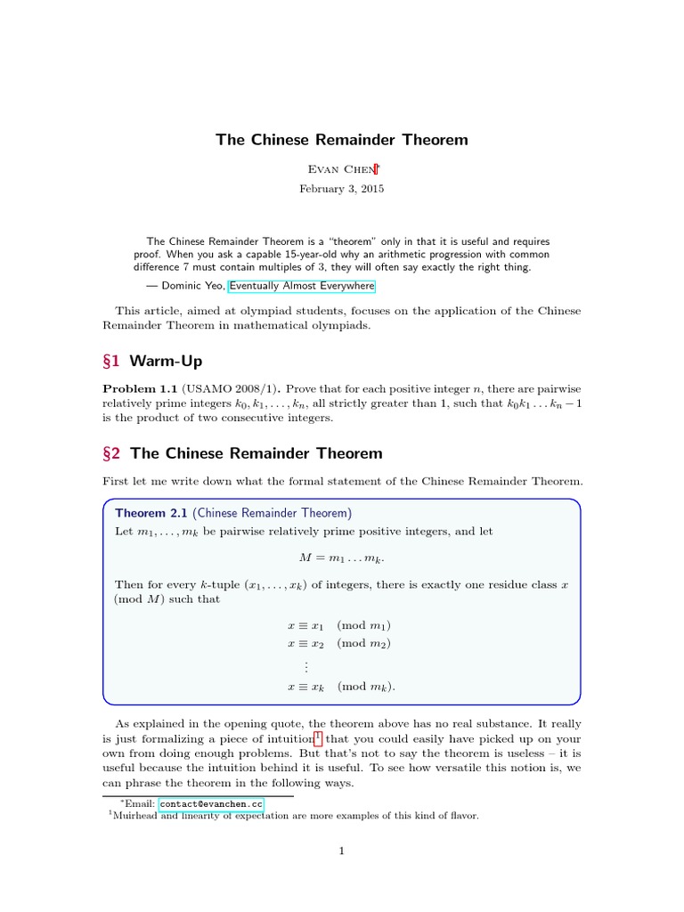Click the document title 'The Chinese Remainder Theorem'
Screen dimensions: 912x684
click(341, 140)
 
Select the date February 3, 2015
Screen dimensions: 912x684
click(341, 189)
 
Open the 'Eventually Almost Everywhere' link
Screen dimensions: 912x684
click(302, 286)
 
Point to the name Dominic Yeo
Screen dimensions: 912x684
click(192, 286)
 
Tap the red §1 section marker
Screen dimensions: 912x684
click(112, 361)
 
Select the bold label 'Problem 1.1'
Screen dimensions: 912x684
click(141, 390)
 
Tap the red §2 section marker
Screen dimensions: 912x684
click(112, 453)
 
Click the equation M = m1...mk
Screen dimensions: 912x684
click(341, 557)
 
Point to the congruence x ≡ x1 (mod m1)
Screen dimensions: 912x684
click(341, 625)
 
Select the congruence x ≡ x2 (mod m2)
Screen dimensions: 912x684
click(341, 643)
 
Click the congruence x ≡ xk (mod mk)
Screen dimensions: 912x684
click(341, 687)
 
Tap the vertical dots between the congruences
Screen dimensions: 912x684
click(305, 665)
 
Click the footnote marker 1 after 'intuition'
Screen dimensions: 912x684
click(318, 737)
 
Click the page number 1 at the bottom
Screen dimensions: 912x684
click(341, 851)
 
